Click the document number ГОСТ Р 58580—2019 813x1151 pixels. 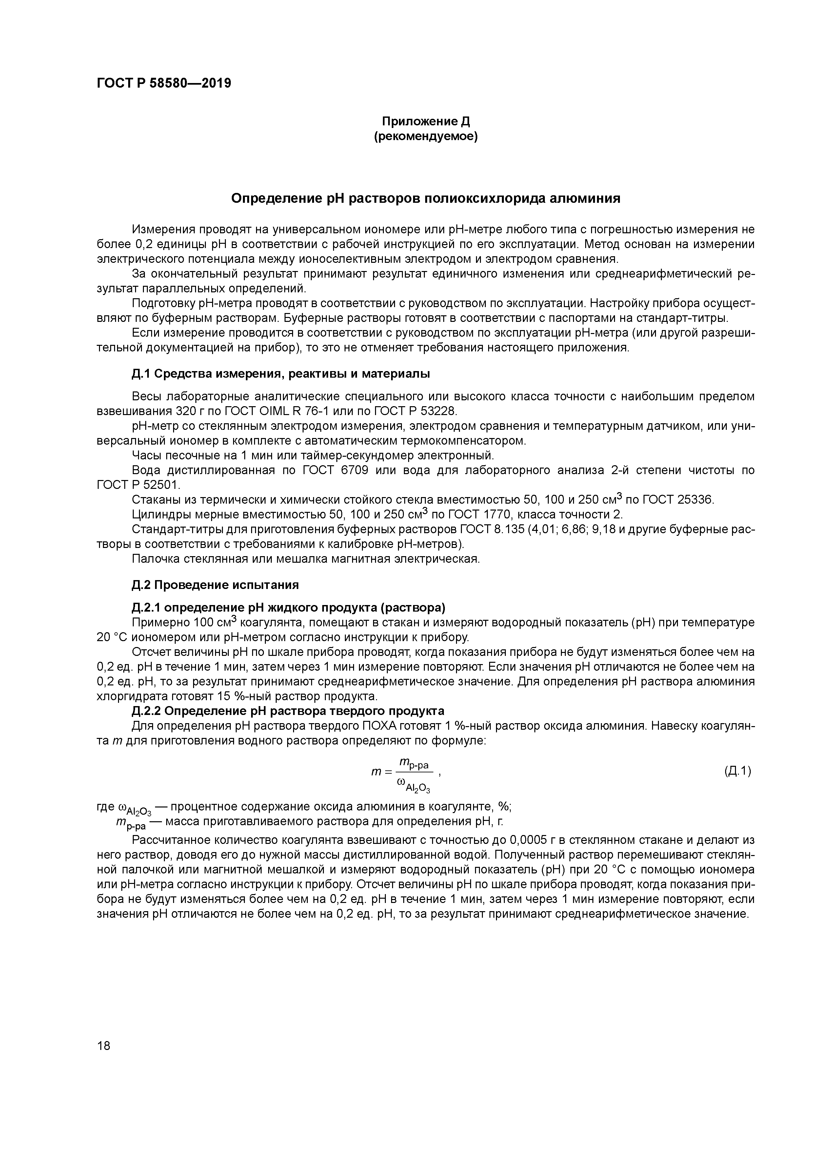tap(164, 83)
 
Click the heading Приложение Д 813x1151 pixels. tap(426, 121)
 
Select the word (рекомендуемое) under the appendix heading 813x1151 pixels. tap(426, 136)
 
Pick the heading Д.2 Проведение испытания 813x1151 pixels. tap(215, 585)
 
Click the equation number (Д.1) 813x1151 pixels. tap(737, 771)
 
